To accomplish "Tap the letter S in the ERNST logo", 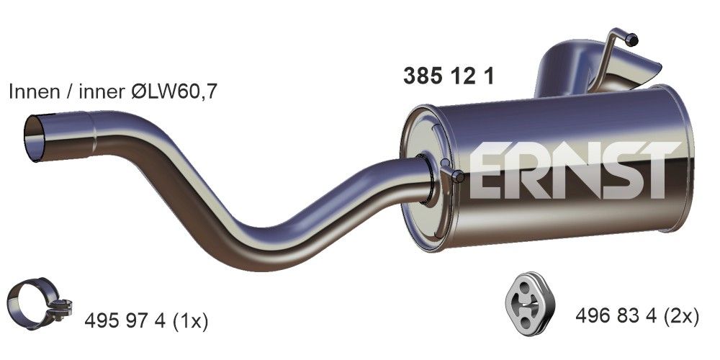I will [x=617, y=170].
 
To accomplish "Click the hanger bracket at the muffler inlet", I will [x=451, y=174].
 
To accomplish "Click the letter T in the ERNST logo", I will [x=660, y=170].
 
